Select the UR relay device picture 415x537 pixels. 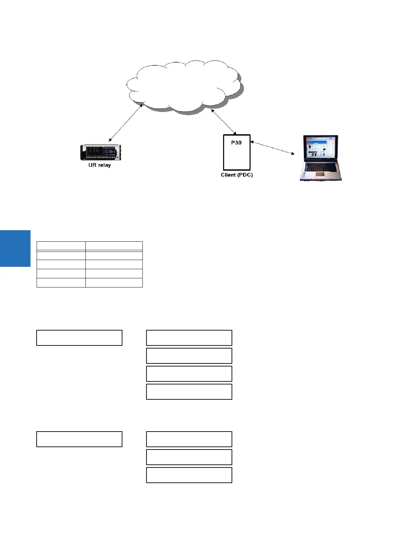(101, 153)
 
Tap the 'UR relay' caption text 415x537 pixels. (100, 165)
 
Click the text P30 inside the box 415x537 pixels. (236, 142)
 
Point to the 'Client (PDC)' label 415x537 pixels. (237, 175)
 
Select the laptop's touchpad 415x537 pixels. (320, 175)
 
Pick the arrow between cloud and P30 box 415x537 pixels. (224, 121)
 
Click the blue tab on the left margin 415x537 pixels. (15, 248)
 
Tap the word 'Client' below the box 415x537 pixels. (228, 175)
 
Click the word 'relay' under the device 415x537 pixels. (104, 165)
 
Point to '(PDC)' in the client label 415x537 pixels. (245, 175)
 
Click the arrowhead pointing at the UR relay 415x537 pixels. (110, 140)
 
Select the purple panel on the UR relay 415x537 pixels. (111, 148)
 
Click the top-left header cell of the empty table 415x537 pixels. (61, 246)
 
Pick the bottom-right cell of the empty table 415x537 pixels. (114, 283)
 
